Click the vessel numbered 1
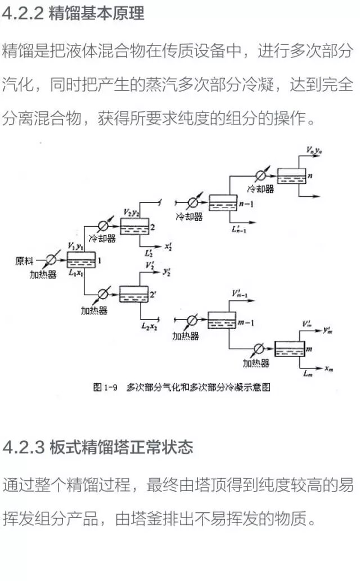[81, 260]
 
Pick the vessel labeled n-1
[223, 202]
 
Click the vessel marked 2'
[133, 294]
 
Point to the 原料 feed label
[25, 261]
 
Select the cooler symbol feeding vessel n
[261, 176]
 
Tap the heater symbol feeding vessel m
[259, 350]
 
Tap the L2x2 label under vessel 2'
[149, 326]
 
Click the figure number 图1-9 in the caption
[105, 387]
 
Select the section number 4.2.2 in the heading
[23, 14]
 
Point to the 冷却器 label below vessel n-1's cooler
[189, 216]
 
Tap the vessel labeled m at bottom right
[289, 350]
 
